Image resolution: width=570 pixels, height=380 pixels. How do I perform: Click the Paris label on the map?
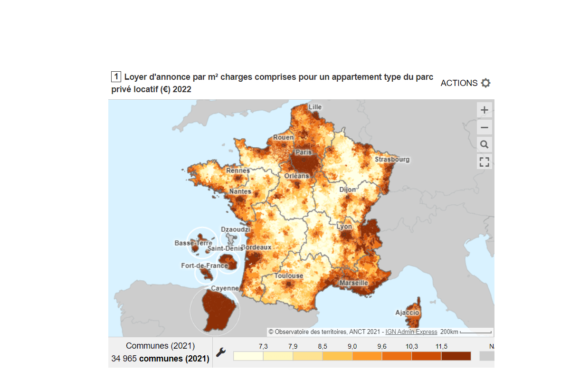(x=304, y=152)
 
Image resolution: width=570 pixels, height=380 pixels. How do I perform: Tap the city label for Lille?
(x=315, y=107)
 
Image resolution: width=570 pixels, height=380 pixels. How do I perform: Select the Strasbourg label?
(x=392, y=159)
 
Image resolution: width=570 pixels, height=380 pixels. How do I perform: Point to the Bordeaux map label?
(x=256, y=247)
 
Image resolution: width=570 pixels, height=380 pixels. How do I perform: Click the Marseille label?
(x=353, y=283)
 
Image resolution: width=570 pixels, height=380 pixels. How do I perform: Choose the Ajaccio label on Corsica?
(x=407, y=313)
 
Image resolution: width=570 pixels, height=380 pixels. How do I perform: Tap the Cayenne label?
(x=225, y=288)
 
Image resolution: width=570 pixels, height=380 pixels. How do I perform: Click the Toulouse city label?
(x=288, y=275)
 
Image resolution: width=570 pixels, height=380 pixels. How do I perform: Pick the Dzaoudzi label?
(x=235, y=229)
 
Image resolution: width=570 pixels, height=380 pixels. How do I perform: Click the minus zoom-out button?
(x=484, y=127)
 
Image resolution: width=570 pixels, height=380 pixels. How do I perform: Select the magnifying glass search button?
(x=484, y=144)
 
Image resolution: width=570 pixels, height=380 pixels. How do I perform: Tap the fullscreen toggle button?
(x=484, y=161)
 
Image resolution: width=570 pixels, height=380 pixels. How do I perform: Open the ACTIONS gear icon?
(x=485, y=83)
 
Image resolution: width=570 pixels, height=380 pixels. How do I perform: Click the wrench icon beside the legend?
(x=221, y=352)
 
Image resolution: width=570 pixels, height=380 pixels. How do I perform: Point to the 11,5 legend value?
(x=441, y=346)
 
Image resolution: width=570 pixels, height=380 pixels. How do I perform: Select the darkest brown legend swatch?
(x=456, y=356)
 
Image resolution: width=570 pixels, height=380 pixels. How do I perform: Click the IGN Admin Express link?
(x=411, y=332)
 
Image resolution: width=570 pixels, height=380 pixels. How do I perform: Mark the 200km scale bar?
(x=475, y=332)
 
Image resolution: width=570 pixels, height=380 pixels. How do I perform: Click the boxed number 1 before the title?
(x=116, y=77)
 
